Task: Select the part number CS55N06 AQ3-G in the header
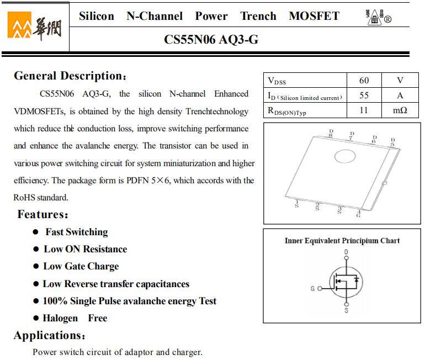pyautogui.click(x=211, y=40)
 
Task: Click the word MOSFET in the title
pyautogui.click(x=314, y=16)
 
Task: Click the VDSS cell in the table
pyautogui.click(x=277, y=81)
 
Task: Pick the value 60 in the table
pyautogui.click(x=364, y=81)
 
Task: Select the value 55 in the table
pyautogui.click(x=364, y=96)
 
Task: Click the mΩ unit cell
pyautogui.click(x=400, y=110)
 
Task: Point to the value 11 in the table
pyautogui.click(x=364, y=110)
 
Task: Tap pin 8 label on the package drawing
pyautogui.click(x=331, y=133)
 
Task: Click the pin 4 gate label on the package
pyautogui.click(x=359, y=213)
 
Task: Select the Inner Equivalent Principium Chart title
pyautogui.click(x=342, y=241)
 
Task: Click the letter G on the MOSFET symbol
pyautogui.click(x=313, y=289)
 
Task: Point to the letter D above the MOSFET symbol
pyautogui.click(x=346, y=252)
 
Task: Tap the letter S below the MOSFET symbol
pyautogui.click(x=346, y=311)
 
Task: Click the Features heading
pyautogui.click(x=43, y=214)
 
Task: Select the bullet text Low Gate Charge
pyautogui.click(x=81, y=266)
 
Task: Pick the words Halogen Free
pyautogui.click(x=75, y=318)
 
